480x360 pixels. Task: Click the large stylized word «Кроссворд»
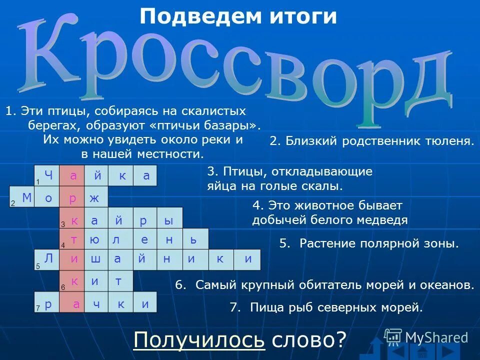tap(240, 65)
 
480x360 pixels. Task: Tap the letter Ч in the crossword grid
tap(48, 175)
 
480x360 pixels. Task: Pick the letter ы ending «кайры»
tap(168, 220)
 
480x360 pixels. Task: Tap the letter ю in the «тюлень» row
tap(94, 240)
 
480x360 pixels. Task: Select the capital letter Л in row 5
tap(48, 258)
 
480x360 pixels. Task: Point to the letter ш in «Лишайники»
tap(94, 259)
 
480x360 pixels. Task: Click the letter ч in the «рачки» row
tap(96, 304)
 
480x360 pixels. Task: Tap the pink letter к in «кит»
tap(74, 281)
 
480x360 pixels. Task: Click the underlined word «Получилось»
tap(199, 340)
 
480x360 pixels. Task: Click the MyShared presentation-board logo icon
tap(393, 336)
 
